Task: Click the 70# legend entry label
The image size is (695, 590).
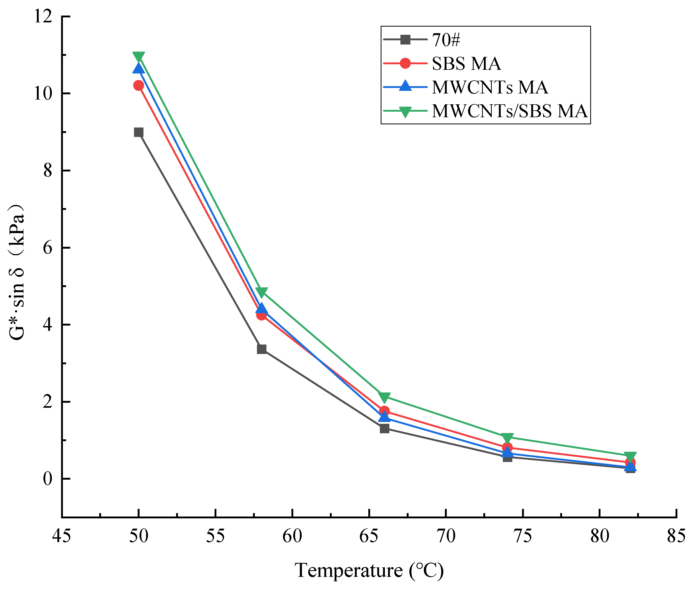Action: [x=446, y=40]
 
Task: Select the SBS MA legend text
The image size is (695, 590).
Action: [x=466, y=63]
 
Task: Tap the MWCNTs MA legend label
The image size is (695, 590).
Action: [x=490, y=87]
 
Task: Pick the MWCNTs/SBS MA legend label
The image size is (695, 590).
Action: [x=509, y=111]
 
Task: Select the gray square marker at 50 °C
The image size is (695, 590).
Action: [x=138, y=132]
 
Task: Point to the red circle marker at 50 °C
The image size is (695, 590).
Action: [x=138, y=85]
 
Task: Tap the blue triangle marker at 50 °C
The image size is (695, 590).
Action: [x=138, y=68]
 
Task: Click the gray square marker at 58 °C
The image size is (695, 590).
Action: [x=261, y=349]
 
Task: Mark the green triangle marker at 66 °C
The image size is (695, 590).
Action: [x=384, y=397]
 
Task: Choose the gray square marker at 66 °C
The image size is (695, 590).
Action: [x=384, y=429]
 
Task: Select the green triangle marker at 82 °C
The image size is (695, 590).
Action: [x=630, y=456]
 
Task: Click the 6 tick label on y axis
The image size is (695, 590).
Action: [x=48, y=248]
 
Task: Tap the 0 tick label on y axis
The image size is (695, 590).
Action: [x=48, y=479]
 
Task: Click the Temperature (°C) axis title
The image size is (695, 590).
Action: [x=369, y=570]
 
